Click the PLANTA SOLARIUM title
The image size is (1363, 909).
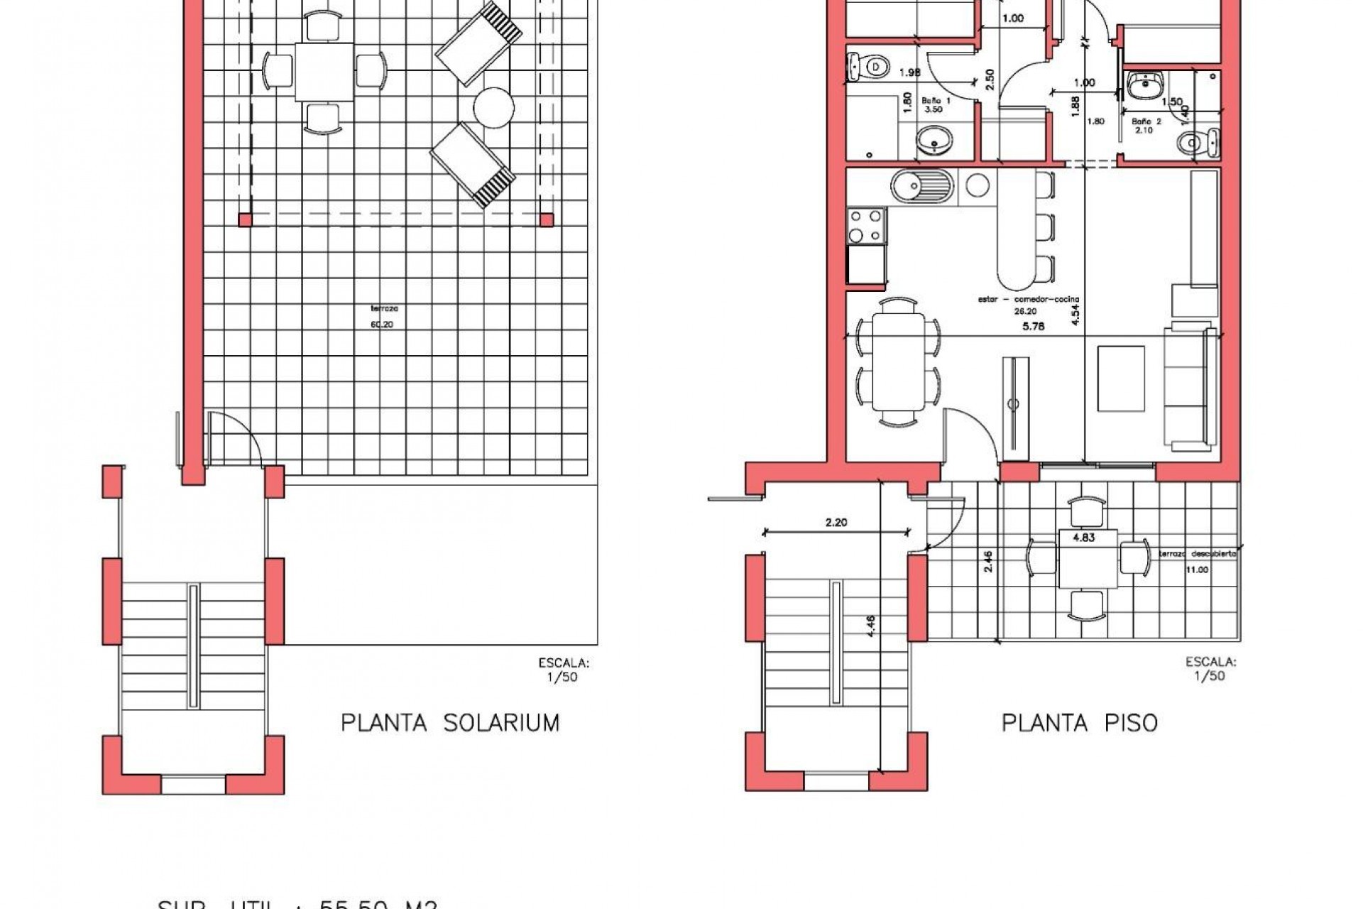(450, 723)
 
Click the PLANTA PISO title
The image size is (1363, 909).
(1079, 723)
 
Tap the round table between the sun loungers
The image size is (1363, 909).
(493, 108)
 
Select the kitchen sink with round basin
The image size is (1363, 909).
(921, 186)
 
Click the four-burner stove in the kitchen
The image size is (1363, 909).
(866, 226)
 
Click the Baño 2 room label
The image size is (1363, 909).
(1144, 125)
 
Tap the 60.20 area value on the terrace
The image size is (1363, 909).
(381, 325)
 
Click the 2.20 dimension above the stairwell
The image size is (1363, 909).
(836, 523)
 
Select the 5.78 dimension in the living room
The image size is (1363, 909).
(1033, 327)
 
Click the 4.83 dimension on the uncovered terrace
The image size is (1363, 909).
(1083, 538)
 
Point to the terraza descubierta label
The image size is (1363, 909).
(1198, 554)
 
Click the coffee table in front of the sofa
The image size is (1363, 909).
(1120, 378)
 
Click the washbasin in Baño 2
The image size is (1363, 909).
(1144, 87)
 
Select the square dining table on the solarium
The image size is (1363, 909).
(324, 72)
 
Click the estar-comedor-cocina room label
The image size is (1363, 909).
(1028, 300)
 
